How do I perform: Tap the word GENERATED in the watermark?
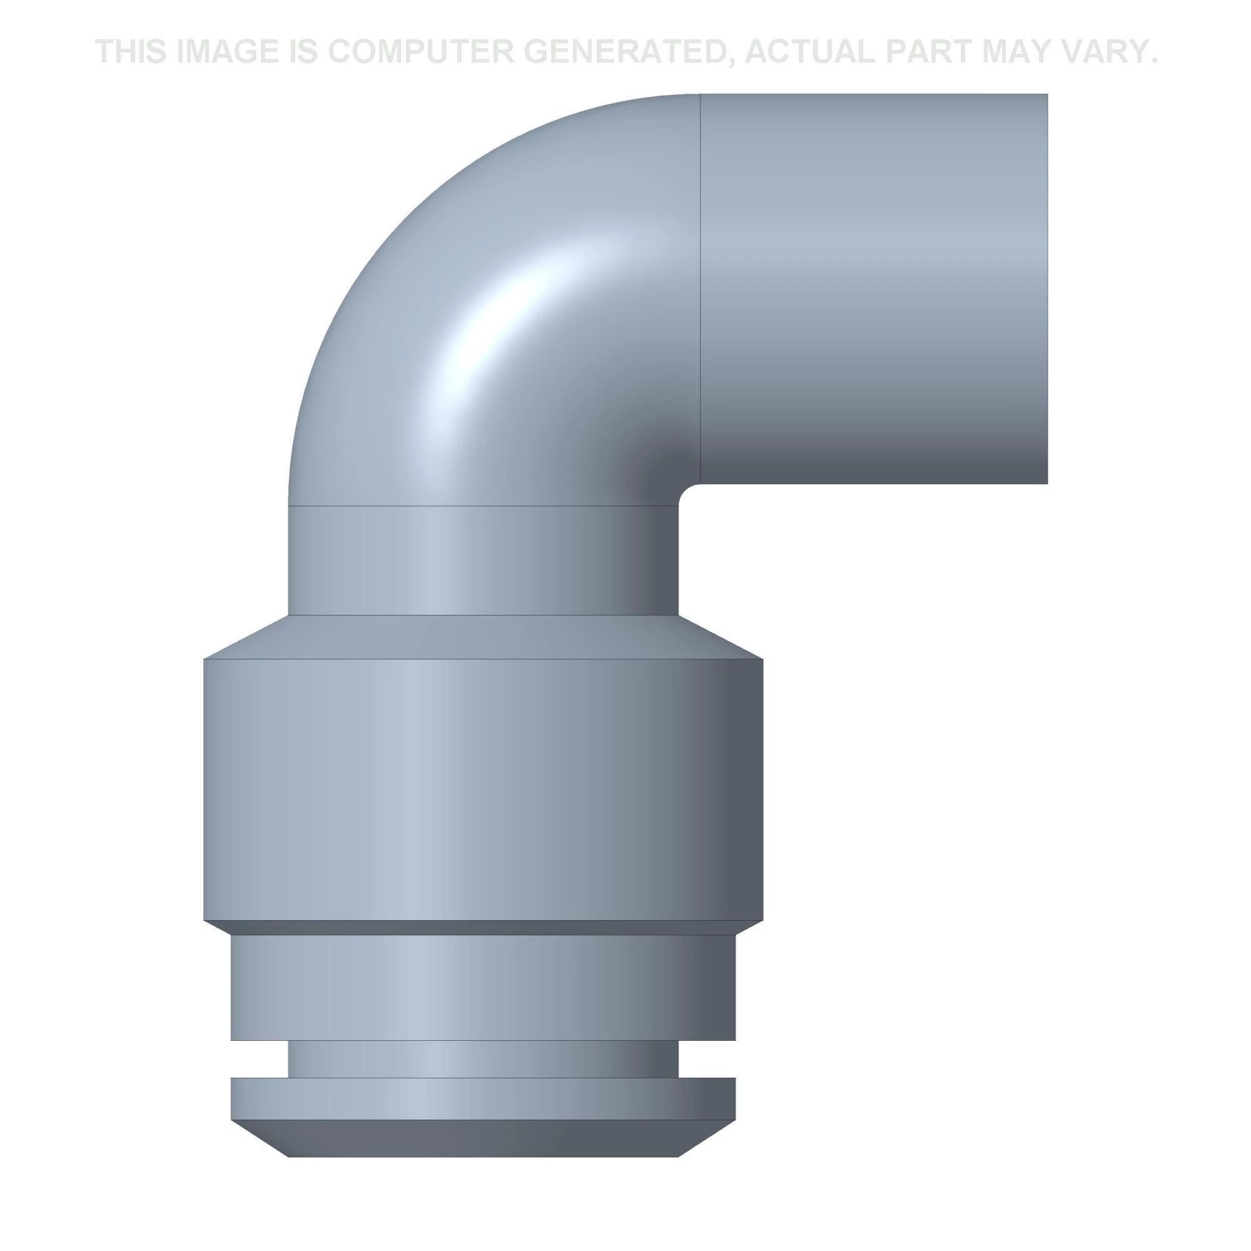click(630, 52)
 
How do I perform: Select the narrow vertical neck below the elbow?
click(482, 560)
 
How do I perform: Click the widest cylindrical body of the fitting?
click(482, 790)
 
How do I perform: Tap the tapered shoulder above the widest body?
click(482, 637)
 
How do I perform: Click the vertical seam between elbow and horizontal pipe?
click(701, 285)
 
